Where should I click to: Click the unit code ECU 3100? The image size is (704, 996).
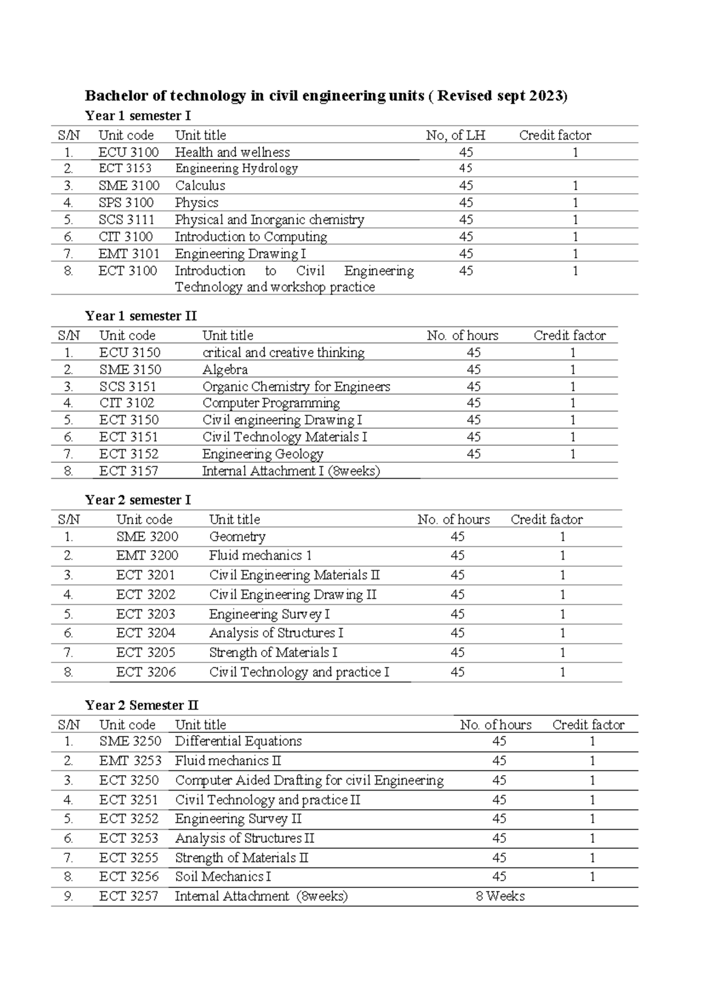coord(128,152)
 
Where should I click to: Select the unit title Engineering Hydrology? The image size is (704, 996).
coord(236,169)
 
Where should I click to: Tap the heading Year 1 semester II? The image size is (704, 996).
coord(140,316)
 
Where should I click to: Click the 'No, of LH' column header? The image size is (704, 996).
coord(455,136)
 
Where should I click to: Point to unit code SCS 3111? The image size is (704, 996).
coord(127,220)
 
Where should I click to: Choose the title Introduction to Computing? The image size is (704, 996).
coord(251,237)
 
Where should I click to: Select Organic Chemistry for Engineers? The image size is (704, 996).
coord(296,386)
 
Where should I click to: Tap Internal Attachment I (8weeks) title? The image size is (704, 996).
coord(291,471)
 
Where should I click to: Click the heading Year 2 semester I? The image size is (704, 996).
coord(137,500)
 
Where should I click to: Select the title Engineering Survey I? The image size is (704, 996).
coord(269,614)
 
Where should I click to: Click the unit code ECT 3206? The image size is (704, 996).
coord(145,672)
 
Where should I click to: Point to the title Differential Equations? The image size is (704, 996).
coord(238,741)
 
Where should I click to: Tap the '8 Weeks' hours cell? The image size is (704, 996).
coord(500,896)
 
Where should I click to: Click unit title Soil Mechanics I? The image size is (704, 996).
coord(223,877)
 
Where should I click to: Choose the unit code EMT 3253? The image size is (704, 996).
coord(130,761)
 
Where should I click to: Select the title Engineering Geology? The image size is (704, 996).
coord(263,454)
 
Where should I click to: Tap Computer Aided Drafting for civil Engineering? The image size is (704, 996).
coord(309,780)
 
